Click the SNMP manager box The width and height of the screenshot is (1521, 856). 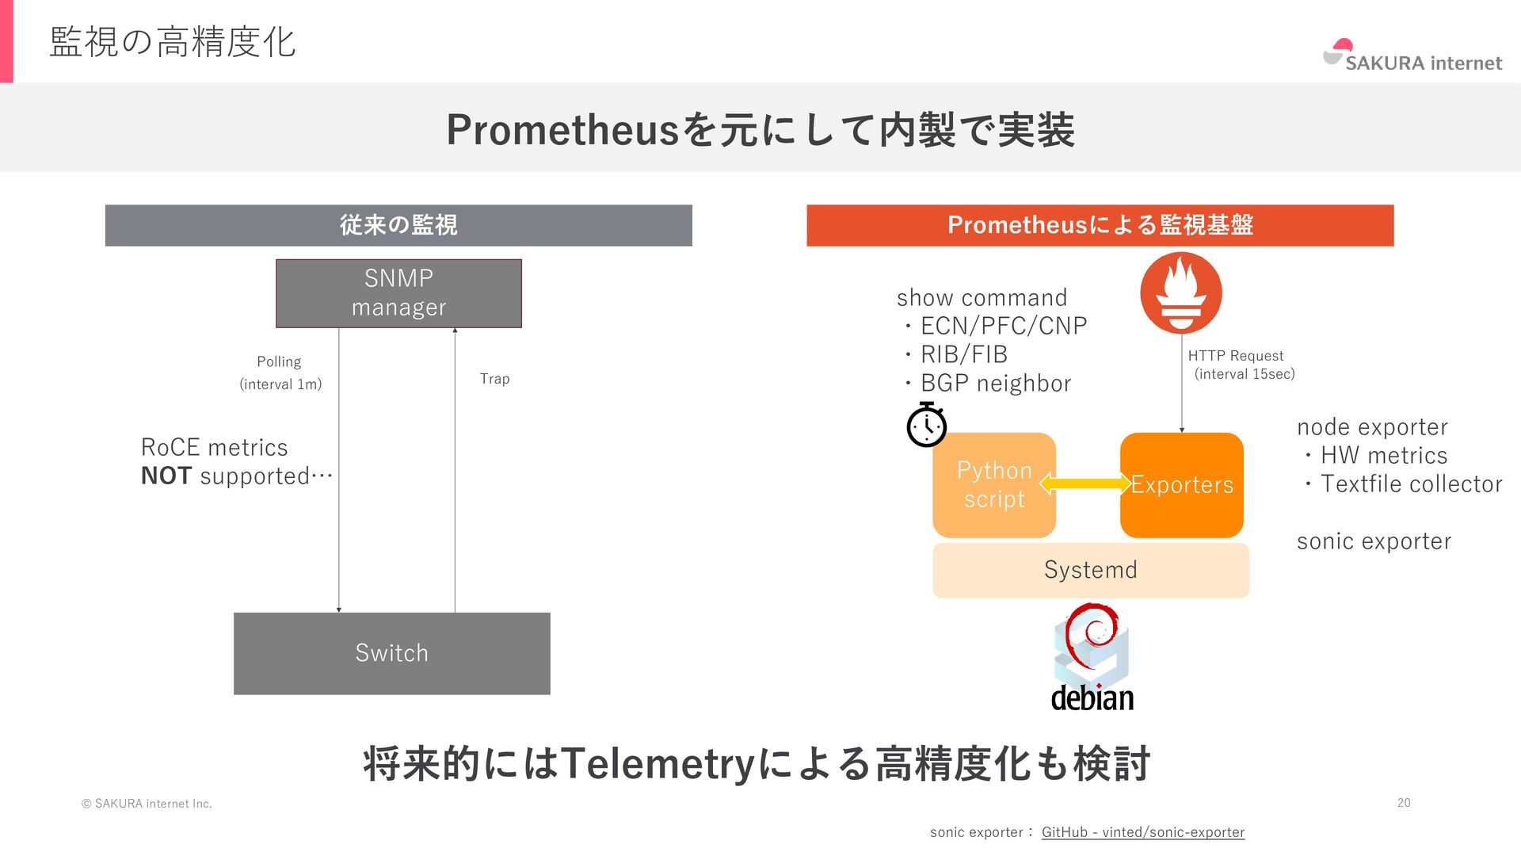tap(398, 293)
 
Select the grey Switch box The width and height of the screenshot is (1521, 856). tap(391, 653)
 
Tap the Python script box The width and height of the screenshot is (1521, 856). tap(994, 485)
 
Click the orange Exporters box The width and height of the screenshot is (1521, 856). tap(1181, 485)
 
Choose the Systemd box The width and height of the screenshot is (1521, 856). tap(1090, 570)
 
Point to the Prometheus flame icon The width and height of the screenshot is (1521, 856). tap(1180, 293)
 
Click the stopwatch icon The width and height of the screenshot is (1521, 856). tap(926, 426)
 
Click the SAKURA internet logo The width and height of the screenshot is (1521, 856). tap(1412, 57)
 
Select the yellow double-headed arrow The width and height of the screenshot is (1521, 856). tap(1085, 483)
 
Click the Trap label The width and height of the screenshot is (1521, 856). tap(494, 379)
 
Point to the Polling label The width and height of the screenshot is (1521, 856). tap(279, 362)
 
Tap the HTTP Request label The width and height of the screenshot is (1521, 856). tap(1235, 356)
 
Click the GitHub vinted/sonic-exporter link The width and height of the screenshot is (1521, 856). tap(1142, 832)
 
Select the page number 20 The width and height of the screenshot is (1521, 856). tap(1403, 803)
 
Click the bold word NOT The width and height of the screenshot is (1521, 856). tap(166, 476)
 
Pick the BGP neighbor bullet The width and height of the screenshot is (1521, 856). tap(995, 384)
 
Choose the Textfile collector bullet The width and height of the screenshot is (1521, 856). tap(1410, 484)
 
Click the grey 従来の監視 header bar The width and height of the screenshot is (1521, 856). tap(398, 225)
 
